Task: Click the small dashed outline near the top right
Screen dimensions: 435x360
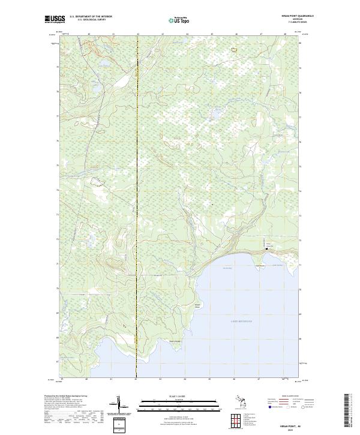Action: point(235,50)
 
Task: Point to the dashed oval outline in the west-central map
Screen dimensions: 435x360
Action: point(95,180)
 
